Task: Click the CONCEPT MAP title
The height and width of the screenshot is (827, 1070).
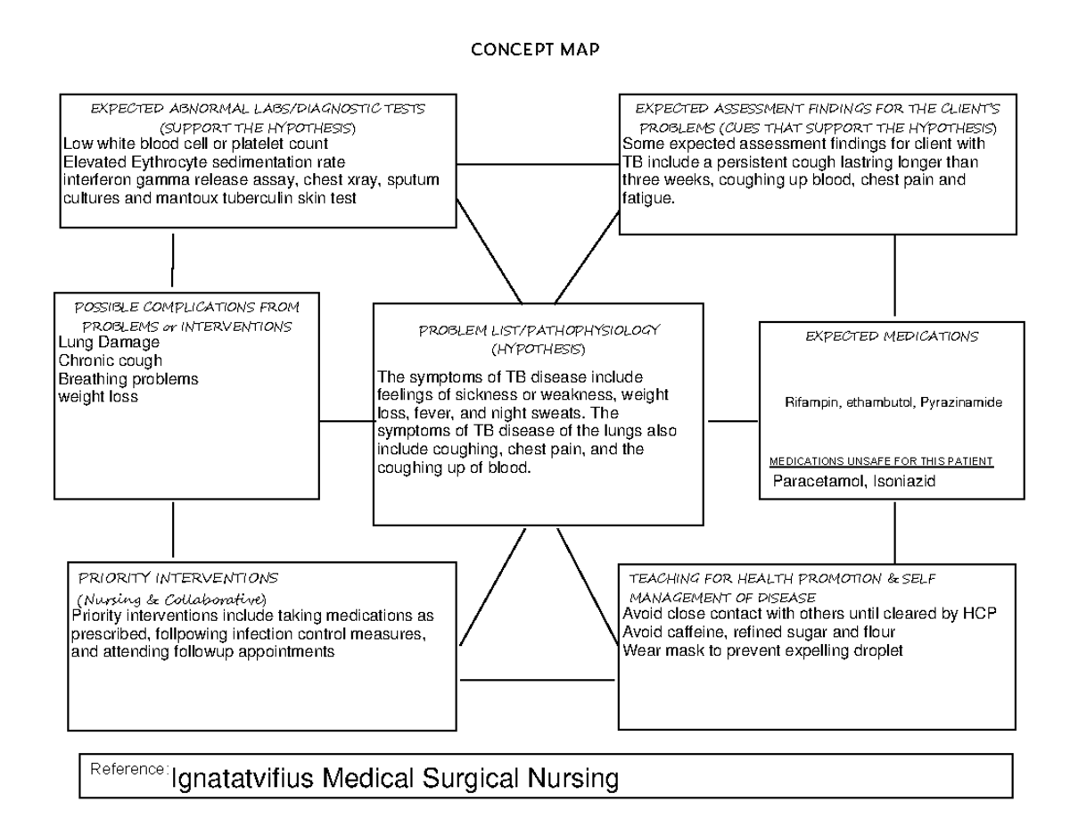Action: pyautogui.click(x=535, y=50)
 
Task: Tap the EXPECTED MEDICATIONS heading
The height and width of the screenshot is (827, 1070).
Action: pyautogui.click(x=892, y=336)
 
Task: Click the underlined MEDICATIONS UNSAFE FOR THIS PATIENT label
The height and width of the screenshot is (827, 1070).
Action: pyautogui.click(x=880, y=461)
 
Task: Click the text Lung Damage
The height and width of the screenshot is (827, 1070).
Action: pyautogui.click(x=109, y=343)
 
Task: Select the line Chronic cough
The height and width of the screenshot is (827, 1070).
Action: pyautogui.click(x=110, y=360)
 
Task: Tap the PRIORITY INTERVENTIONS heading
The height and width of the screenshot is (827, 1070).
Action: pyautogui.click(x=178, y=578)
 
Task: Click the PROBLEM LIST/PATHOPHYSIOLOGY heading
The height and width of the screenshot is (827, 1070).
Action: pyautogui.click(x=539, y=330)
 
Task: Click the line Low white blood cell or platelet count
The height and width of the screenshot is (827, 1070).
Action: pyautogui.click(x=195, y=144)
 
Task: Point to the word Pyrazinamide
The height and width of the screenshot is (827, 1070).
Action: pyautogui.click(x=962, y=402)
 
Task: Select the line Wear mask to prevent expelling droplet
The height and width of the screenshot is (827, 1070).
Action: pyautogui.click(x=762, y=650)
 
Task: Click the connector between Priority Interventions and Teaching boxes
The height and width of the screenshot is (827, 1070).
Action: pyautogui.click(x=537, y=680)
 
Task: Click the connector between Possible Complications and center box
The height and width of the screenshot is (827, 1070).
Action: pyautogui.click(x=346, y=421)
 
